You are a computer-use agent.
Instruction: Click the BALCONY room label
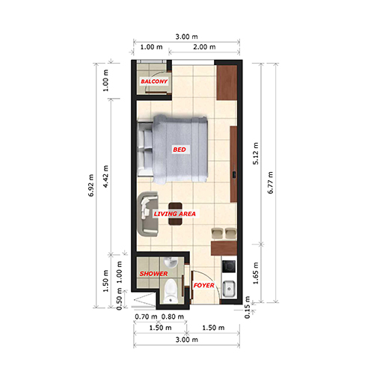tap(154, 82)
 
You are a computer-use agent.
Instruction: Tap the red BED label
tap(180, 150)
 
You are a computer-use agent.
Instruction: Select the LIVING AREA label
tap(174, 214)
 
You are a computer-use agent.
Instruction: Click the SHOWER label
tap(153, 274)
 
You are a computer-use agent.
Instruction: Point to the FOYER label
tap(203, 285)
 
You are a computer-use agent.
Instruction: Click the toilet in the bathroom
tap(171, 291)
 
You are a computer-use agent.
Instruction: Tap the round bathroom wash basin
tap(171, 263)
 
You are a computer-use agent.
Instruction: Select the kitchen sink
tap(229, 289)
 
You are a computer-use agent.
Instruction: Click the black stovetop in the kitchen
tap(229, 266)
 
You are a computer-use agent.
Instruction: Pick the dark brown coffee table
tap(175, 214)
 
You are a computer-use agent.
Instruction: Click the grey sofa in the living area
tap(147, 214)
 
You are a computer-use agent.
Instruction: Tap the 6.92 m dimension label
tap(91, 186)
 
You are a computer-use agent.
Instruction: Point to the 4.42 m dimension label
tap(105, 177)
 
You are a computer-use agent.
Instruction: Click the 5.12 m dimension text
tap(256, 153)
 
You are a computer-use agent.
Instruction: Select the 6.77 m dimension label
tap(271, 183)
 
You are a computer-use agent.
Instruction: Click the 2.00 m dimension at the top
tap(204, 47)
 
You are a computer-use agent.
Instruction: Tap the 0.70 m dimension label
tap(146, 316)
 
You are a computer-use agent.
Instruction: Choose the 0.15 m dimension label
tap(247, 307)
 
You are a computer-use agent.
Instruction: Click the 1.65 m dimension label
tap(256, 273)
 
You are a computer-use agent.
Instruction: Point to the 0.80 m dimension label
tap(173, 316)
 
